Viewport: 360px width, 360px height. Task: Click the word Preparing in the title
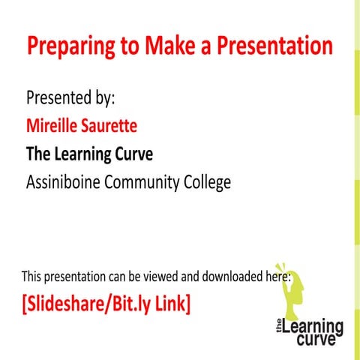pyautogui.click(x=70, y=46)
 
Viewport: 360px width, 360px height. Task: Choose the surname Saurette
pyautogui.click(x=112, y=126)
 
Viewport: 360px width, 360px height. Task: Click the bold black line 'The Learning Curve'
pyautogui.click(x=89, y=154)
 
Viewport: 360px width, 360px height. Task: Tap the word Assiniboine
pyautogui.click(x=68, y=182)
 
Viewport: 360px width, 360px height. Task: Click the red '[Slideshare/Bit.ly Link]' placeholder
pyautogui.click(x=106, y=304)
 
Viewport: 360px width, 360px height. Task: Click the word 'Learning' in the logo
pyautogui.click(x=313, y=328)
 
